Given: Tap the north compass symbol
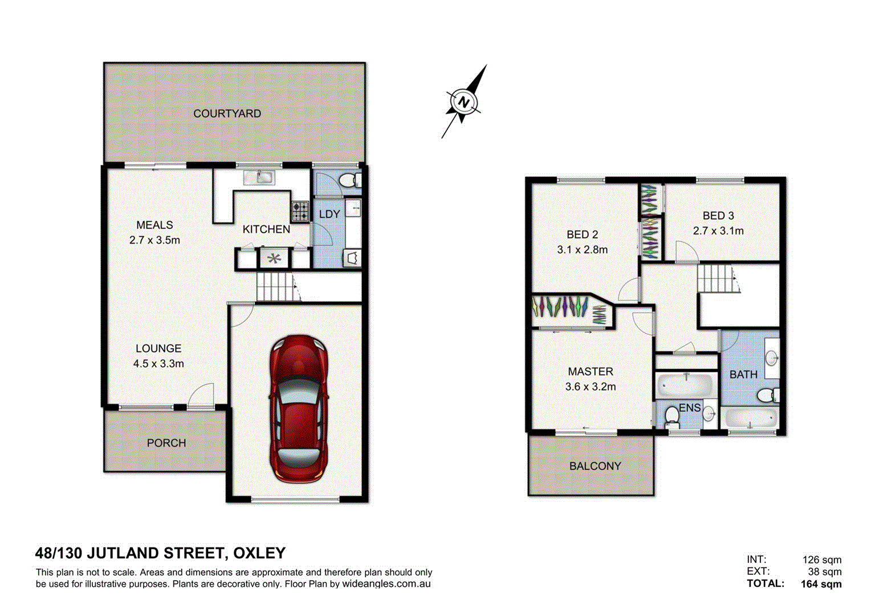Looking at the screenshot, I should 463,103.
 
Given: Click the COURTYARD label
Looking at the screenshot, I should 227,114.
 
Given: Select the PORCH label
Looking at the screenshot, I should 166,443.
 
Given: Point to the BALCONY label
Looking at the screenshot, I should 595,466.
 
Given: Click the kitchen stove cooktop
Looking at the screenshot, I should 300,211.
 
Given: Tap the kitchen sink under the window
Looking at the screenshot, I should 259,177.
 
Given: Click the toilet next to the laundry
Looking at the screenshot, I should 348,180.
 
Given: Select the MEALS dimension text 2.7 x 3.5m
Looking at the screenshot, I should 154,240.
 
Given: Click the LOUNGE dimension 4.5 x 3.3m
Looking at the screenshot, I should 158,363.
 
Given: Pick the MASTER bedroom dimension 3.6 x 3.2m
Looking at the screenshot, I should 590,387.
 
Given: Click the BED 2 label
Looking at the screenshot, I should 582,234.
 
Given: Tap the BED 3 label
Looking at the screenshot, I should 718,216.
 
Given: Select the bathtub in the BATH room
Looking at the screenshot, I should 750,418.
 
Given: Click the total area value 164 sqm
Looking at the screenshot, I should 820,583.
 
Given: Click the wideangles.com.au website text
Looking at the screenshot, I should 386,584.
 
